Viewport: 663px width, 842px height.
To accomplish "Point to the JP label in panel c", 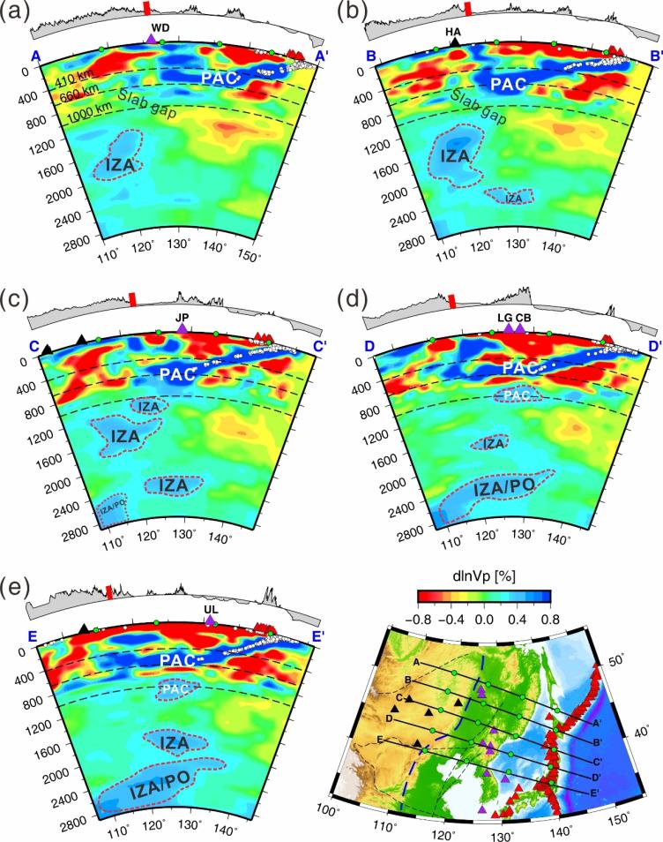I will click(x=183, y=316).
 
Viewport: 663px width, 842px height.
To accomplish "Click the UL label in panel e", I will click(x=210, y=609).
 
